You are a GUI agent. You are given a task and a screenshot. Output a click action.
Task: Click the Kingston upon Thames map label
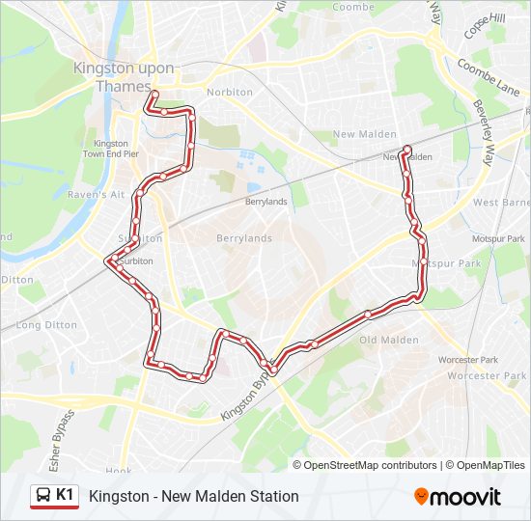pyautogui.click(x=124, y=77)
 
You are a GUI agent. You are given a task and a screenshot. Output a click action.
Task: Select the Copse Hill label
pyautogui.click(x=485, y=26)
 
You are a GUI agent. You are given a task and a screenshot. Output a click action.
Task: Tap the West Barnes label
pyautogui.click(x=502, y=203)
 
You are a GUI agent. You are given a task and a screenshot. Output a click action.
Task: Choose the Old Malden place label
pyautogui.click(x=389, y=340)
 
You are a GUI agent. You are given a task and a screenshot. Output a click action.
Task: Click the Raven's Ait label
pyautogui.click(x=96, y=194)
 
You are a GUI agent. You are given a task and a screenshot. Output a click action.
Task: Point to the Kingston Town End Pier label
pyautogui.click(x=110, y=149)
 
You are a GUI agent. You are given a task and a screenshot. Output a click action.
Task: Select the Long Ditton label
pyautogui.click(x=46, y=325)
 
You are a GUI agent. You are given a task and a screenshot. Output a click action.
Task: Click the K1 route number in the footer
pyautogui.click(x=66, y=495)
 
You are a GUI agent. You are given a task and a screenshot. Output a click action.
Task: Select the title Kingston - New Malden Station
pyautogui.click(x=193, y=496)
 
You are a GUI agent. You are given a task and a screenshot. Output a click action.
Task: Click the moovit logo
pyautogui.click(x=458, y=497)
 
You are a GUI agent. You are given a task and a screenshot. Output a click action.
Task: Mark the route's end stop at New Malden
pyautogui.click(x=407, y=150)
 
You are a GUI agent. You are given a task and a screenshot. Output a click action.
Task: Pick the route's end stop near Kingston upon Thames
pyautogui.click(x=154, y=95)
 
